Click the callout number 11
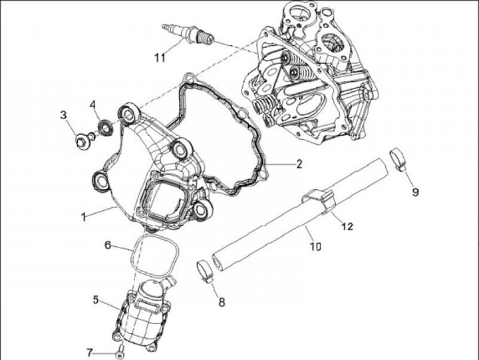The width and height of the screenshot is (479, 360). (159, 58)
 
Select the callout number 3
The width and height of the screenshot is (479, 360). (64, 115)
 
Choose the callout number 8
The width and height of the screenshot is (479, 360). (222, 301)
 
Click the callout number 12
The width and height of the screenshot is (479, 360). (347, 226)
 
